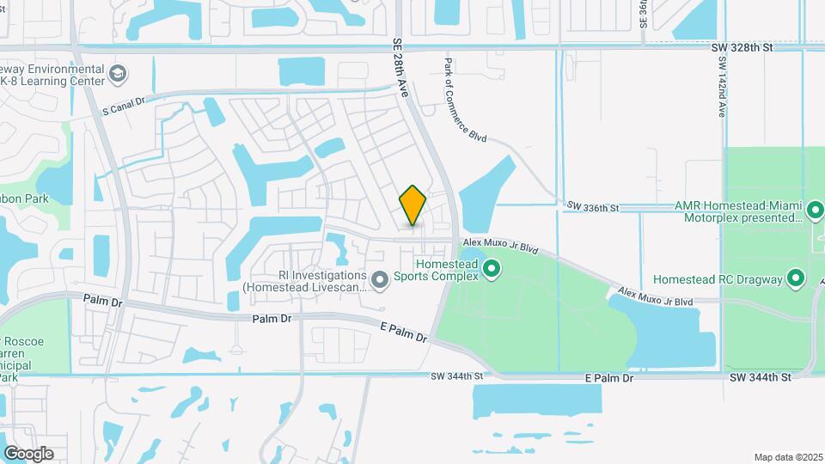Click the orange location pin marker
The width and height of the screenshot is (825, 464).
pos(413,205)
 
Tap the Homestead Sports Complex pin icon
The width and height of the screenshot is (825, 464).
pos(492,271)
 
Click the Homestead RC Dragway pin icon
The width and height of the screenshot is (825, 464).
pos(796,278)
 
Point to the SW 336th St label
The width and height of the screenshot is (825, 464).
pos(593,207)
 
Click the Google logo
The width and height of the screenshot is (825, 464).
pos(28,454)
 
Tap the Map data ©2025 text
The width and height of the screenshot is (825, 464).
pos(788,457)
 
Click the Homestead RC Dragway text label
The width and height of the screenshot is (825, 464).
pos(718,279)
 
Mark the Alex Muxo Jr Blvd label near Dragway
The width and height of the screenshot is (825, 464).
pos(655,297)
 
